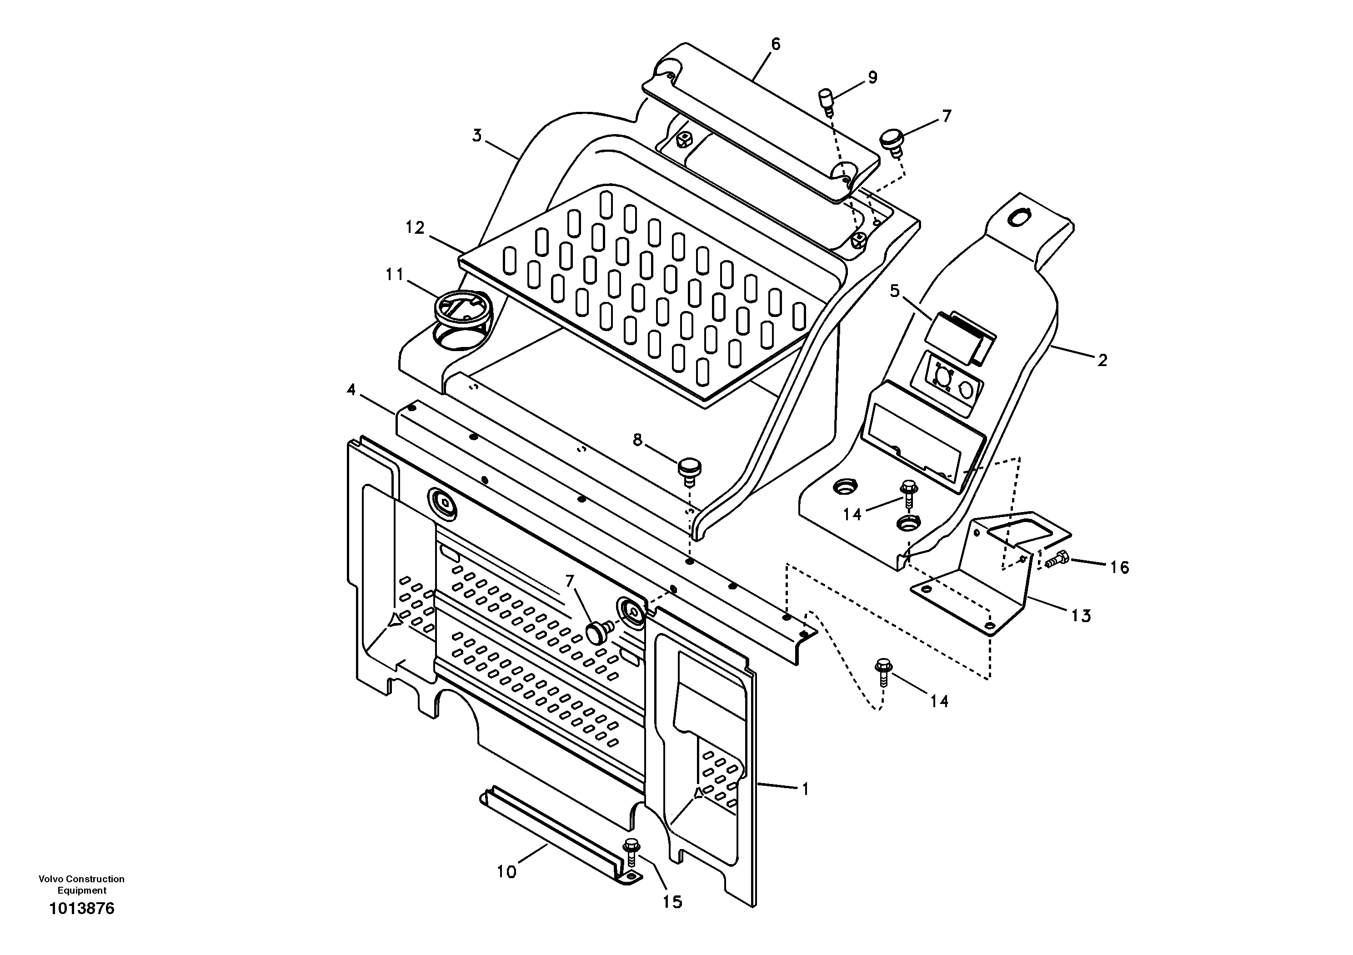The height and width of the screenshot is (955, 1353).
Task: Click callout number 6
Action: point(776,44)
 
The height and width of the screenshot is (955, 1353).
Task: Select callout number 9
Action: point(872,77)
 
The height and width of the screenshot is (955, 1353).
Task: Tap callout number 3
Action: point(477,136)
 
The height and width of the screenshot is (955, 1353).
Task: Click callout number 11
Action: point(394,275)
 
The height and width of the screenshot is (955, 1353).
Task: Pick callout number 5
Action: point(895,291)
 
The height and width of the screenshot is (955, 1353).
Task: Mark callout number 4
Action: point(351,390)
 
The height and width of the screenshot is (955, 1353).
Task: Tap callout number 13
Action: point(1081,616)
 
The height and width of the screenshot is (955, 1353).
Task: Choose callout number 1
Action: point(806,789)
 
